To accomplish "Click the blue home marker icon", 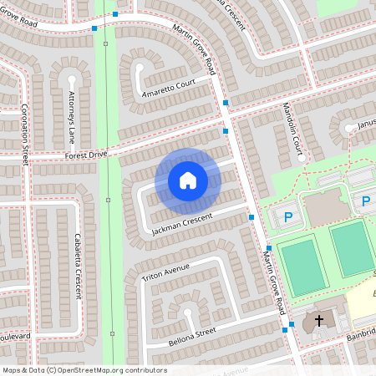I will tap(187, 180).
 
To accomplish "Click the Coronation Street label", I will tap(25, 134).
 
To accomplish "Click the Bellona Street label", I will tap(191, 334).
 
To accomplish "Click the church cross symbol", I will tap(318, 321).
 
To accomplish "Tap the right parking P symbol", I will tap(365, 201).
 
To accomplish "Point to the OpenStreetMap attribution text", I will tap(84, 370).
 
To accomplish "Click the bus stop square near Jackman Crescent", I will tap(252, 217).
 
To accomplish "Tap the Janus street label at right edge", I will tap(367, 126).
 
